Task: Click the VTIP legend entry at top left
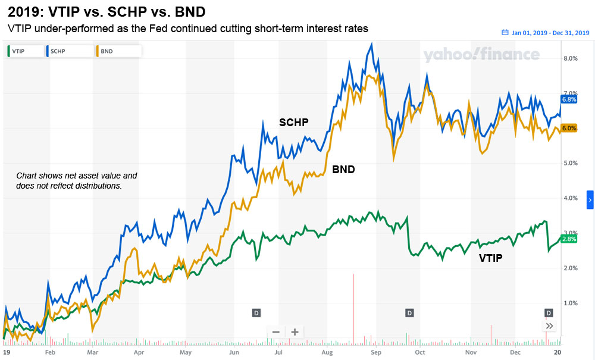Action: (23, 51)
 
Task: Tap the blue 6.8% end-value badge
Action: (569, 99)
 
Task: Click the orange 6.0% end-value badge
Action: (569, 128)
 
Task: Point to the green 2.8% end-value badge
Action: (569, 239)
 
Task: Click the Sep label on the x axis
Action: (376, 352)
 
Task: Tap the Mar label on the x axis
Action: (92, 352)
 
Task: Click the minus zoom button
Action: (275, 332)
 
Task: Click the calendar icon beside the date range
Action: (505, 33)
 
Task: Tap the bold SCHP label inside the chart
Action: (294, 123)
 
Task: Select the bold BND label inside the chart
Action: (343, 170)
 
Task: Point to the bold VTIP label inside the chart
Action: (491, 258)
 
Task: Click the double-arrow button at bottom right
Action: (550, 325)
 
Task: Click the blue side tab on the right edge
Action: (590, 201)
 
